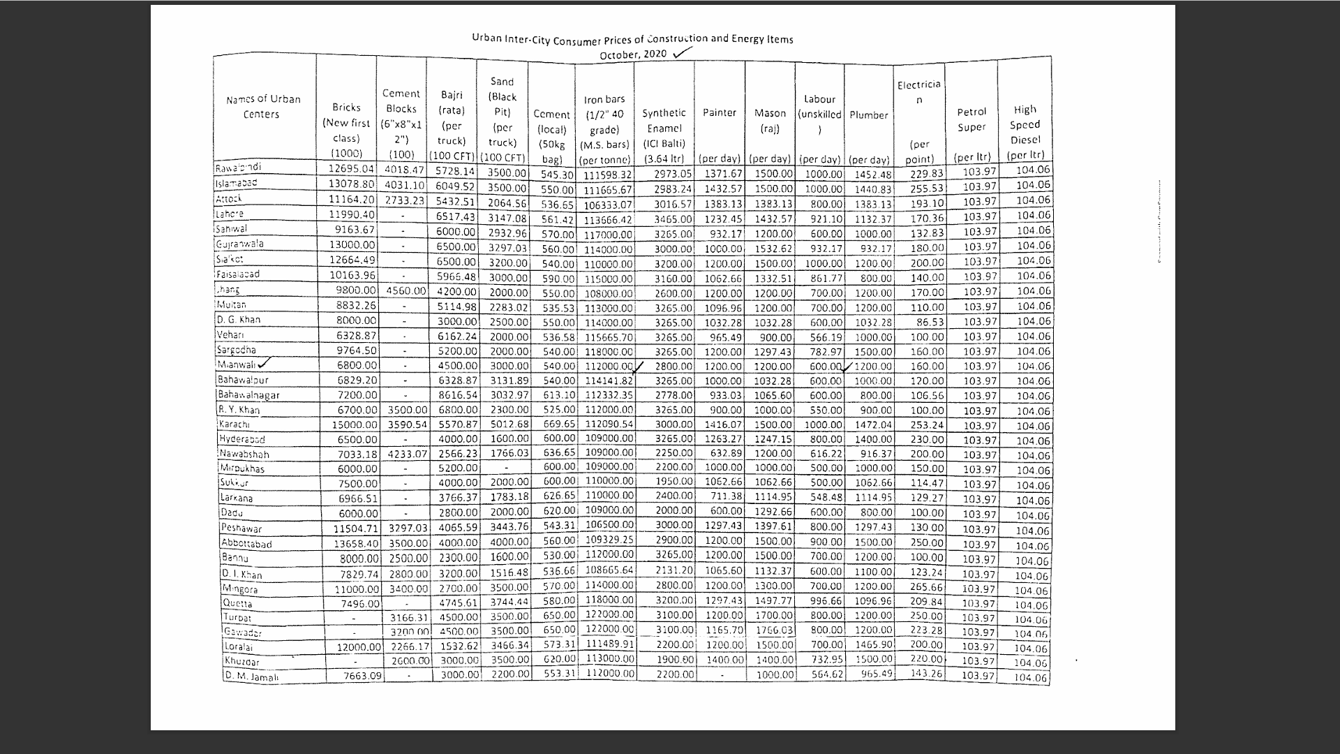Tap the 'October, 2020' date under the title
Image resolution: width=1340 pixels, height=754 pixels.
[x=633, y=54]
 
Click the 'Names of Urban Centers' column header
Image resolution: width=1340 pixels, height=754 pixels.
[x=263, y=107]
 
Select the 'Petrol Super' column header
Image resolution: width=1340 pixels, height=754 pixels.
[x=971, y=119]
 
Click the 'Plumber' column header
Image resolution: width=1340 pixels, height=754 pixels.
[x=868, y=115]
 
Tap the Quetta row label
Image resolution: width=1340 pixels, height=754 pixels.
[x=237, y=604]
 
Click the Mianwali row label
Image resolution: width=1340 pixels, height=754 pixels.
[x=237, y=364]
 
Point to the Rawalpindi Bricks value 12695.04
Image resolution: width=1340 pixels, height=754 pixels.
[x=352, y=169]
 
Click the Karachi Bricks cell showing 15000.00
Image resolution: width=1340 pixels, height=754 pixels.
[x=355, y=424]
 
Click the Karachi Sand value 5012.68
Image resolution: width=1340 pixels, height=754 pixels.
[x=509, y=424]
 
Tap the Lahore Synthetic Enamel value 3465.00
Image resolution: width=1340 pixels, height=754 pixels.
[x=673, y=219]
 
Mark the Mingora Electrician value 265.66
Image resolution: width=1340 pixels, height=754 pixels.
[x=926, y=587]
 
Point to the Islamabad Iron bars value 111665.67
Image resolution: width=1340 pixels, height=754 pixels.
[x=608, y=190]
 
